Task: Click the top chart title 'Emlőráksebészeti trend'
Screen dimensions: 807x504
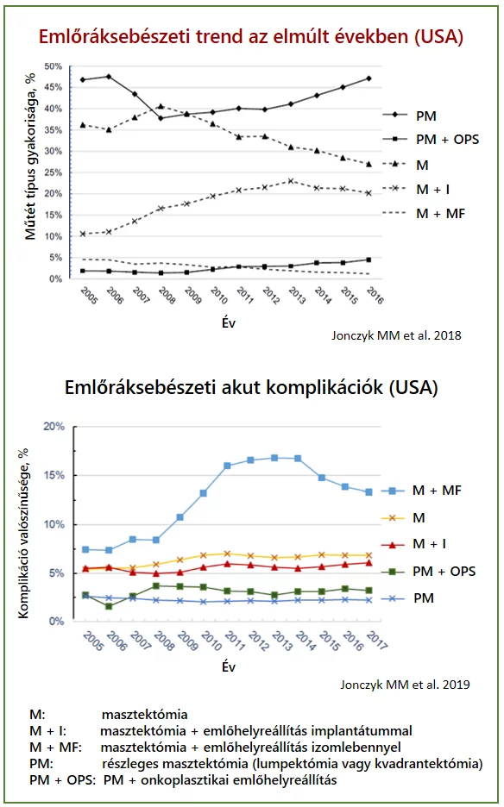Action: [x=251, y=36]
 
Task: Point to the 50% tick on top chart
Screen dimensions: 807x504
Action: [x=53, y=66]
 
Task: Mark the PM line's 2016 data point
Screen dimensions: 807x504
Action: [x=369, y=78]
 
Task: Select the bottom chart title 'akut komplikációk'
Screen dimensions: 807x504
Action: [x=251, y=387]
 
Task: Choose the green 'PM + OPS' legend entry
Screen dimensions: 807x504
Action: [x=444, y=571]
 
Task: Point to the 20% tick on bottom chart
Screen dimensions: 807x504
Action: [x=54, y=427]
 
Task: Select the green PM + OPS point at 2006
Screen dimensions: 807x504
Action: [x=109, y=606]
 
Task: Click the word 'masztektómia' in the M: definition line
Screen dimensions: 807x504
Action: [x=144, y=715]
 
